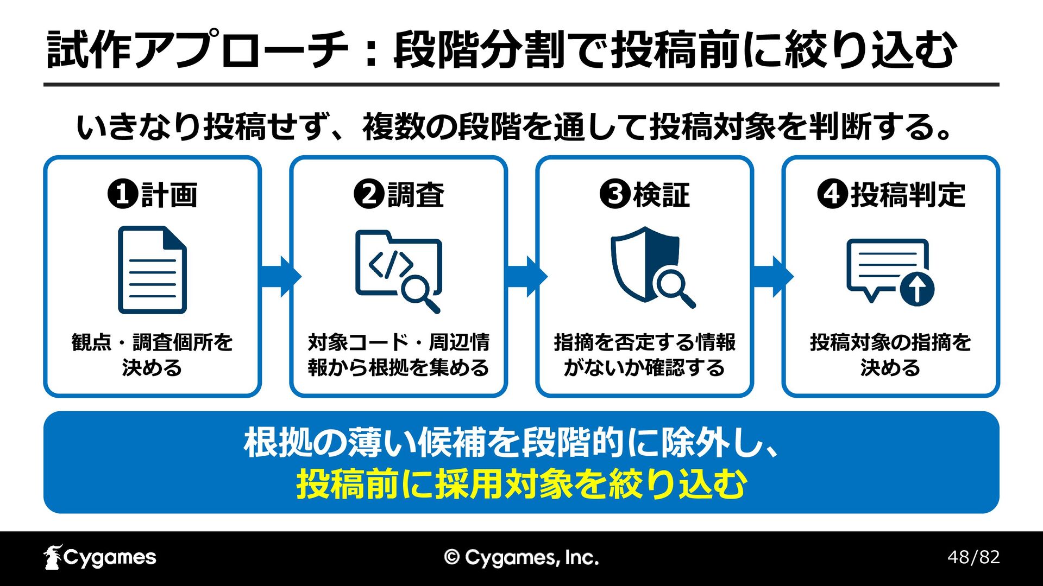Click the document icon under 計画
click(152, 270)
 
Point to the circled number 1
click(123, 194)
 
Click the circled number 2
click(369, 194)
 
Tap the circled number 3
click(615, 194)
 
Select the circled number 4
click(832, 194)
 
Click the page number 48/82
click(973, 557)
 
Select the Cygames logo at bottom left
click(100, 557)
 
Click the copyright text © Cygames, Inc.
click(521, 558)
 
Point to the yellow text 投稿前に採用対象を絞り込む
click(521, 484)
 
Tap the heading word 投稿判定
click(908, 195)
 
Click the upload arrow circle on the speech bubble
click(917, 289)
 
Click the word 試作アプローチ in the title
click(197, 50)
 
